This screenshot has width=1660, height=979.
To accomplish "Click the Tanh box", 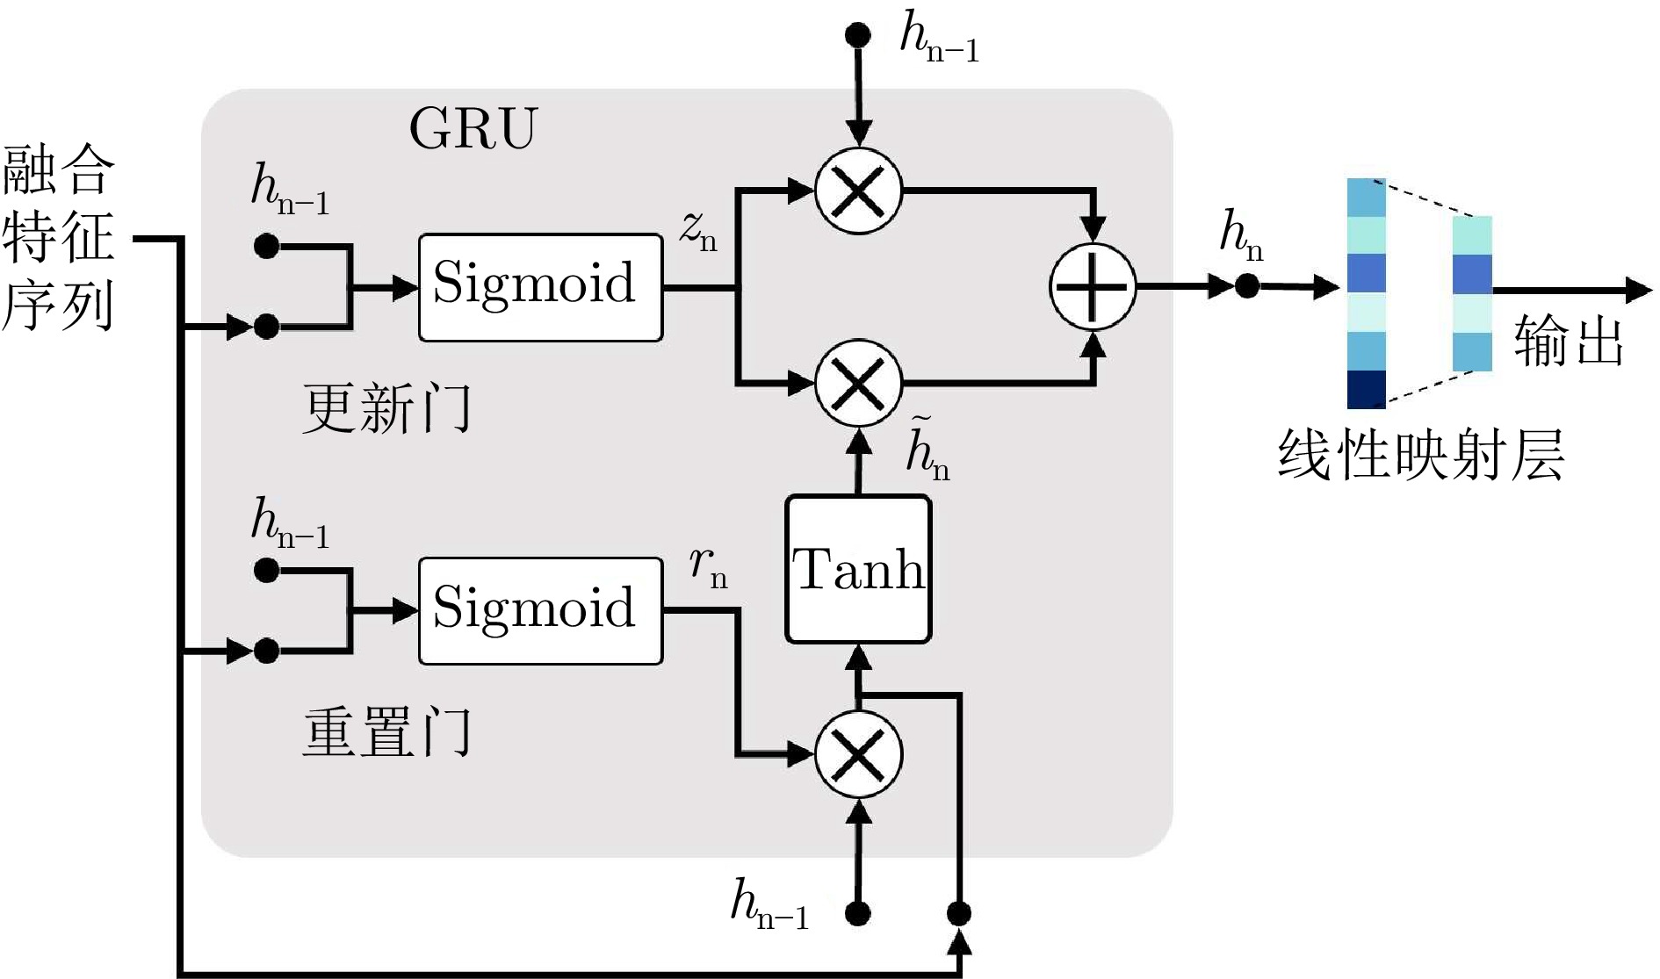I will click(x=858, y=569).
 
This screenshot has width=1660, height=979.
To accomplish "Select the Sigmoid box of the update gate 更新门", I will click(x=540, y=287).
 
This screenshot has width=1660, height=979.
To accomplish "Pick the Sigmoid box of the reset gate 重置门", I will click(x=540, y=611).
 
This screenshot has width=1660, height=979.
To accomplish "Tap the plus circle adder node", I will click(x=1093, y=287).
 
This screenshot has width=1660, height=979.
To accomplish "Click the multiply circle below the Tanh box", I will click(x=858, y=753).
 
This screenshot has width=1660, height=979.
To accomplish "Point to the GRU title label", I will click(x=473, y=130).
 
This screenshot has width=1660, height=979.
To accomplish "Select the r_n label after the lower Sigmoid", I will click(x=708, y=566).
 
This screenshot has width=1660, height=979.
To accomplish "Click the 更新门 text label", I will click(x=386, y=408).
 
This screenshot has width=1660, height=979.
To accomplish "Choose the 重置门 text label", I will click(x=386, y=733).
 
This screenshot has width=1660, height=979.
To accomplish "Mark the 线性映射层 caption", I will click(x=1420, y=455).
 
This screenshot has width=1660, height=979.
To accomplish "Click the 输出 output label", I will click(x=1569, y=341).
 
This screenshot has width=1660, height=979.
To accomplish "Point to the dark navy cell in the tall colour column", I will click(x=1367, y=389).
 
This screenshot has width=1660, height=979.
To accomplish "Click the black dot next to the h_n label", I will click(x=1246, y=285).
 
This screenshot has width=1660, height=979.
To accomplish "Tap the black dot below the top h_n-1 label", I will click(x=857, y=35).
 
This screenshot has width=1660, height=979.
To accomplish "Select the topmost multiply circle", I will click(x=858, y=190).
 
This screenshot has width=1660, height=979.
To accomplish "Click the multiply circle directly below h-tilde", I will click(x=858, y=384).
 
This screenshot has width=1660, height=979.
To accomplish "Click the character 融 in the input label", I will click(x=30, y=170).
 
